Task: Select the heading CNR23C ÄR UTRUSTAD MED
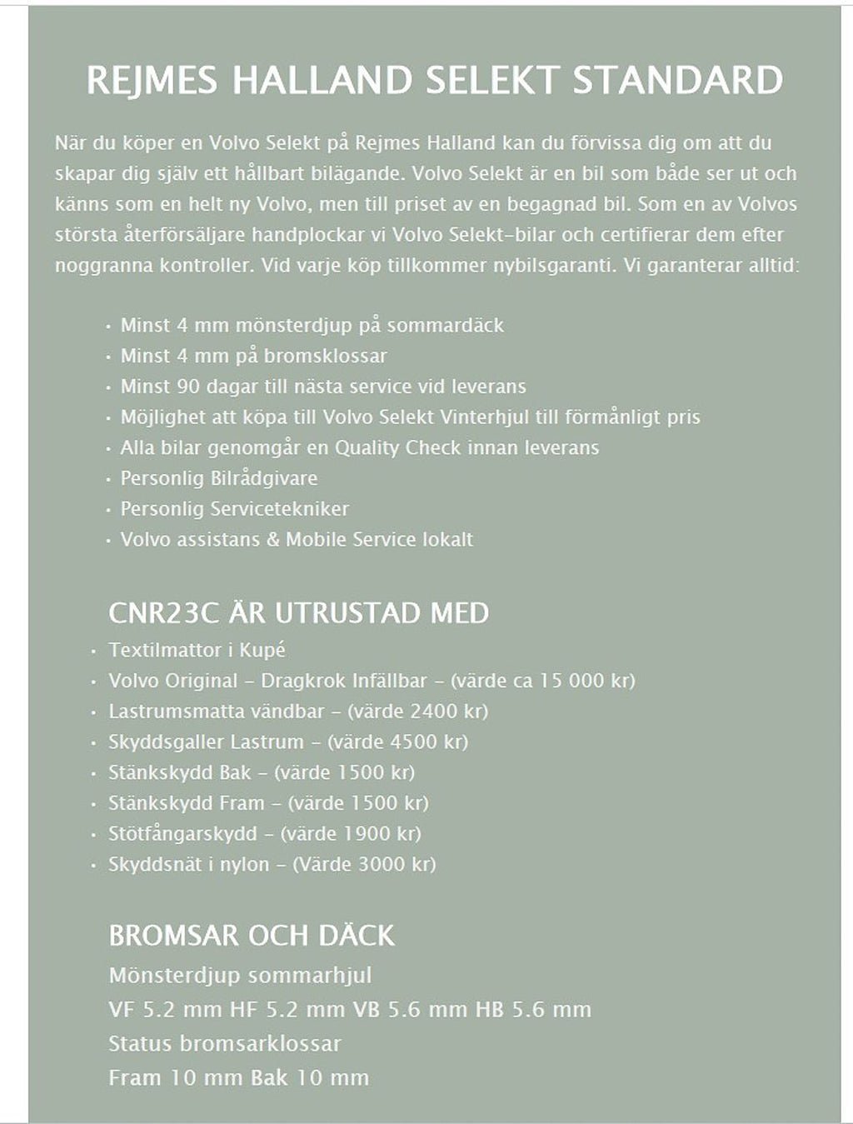[x=298, y=613]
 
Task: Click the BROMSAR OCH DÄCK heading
[x=251, y=936]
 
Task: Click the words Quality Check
[x=397, y=447]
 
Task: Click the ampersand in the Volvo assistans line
[x=272, y=540]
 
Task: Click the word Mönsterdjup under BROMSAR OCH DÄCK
[x=174, y=976]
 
